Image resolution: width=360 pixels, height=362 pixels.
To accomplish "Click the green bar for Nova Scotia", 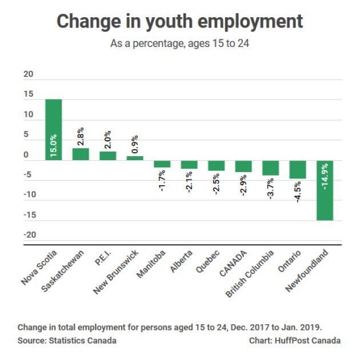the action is [x=54, y=130].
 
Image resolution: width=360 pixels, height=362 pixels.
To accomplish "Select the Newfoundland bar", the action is [x=325, y=190].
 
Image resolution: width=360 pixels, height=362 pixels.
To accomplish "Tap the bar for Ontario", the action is [x=298, y=170].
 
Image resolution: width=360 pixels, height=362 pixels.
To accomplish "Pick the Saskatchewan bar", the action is [x=81, y=154].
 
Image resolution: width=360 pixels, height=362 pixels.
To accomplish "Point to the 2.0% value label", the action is [x=107, y=140].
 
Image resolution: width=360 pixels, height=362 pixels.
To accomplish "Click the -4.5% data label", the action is [x=298, y=192].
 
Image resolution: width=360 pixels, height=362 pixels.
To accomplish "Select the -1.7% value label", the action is [x=162, y=181].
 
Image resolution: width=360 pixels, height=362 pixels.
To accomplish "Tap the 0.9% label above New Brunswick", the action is [x=135, y=144].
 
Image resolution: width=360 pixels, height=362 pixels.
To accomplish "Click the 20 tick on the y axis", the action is [x=29, y=74].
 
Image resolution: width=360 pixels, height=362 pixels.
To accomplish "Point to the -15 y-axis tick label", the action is [x=30, y=215].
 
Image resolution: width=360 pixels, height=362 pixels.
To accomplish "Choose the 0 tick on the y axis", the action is [x=26, y=154].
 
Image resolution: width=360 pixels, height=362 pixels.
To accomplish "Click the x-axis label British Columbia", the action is [x=250, y=273].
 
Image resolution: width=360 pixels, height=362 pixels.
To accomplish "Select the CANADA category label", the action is [x=233, y=264].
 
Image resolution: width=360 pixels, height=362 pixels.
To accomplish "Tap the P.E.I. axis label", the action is [x=103, y=258].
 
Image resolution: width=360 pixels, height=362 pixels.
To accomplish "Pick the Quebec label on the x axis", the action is [x=207, y=261].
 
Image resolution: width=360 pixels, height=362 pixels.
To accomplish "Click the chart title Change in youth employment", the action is [x=180, y=22].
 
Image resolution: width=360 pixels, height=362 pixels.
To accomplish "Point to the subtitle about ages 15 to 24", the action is [x=180, y=43].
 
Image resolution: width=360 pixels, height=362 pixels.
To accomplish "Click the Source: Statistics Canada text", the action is [x=67, y=341].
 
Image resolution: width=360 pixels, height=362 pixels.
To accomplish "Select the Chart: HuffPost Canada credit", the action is [x=295, y=341].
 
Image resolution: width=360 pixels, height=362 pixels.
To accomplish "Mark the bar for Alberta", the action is [x=189, y=165].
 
